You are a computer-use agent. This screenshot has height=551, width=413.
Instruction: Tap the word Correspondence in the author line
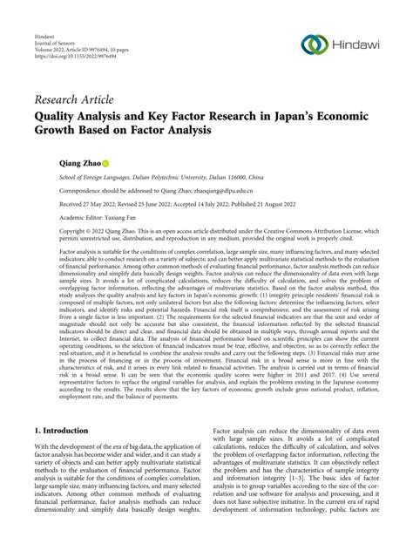click(x=63, y=188)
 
